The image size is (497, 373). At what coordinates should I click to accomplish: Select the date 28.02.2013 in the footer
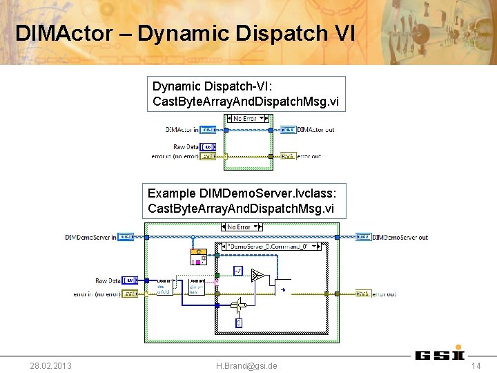tap(50, 365)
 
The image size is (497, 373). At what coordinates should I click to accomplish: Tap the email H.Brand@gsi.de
tap(246, 365)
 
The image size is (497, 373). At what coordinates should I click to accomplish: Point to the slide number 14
tap(476, 365)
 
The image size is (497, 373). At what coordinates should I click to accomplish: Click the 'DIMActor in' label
tap(182, 129)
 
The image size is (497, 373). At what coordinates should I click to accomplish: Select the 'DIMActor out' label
tap(315, 129)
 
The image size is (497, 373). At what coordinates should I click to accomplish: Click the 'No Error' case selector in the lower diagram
tap(239, 227)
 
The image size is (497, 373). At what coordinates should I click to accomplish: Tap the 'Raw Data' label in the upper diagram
tap(186, 146)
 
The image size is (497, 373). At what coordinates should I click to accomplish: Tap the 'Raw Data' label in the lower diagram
tap(108, 280)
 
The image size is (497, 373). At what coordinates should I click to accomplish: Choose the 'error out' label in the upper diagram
tap(309, 156)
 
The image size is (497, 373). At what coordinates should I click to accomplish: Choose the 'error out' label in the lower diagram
tap(384, 294)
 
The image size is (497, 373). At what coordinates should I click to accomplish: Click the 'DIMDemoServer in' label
tap(90, 237)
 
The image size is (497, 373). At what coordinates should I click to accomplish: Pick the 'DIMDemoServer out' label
tap(400, 237)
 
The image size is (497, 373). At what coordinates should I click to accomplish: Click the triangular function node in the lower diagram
tap(257, 276)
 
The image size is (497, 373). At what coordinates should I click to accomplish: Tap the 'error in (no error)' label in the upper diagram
tap(174, 156)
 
